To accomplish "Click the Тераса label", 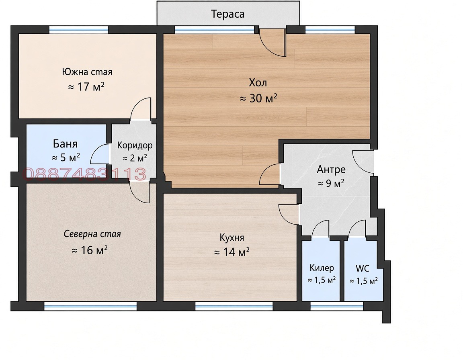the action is coord(227,14).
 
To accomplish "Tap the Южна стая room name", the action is coord(87,72).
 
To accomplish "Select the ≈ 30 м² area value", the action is coord(258,98).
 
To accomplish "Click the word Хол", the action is coord(258,83).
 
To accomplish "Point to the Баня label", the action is coord(65,144).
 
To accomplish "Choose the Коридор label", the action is coord(135,145).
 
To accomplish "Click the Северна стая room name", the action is coord(92,234).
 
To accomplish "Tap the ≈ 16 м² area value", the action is coord(90,250).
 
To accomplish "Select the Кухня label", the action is coord(232,237).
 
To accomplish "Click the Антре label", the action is coord(331,170).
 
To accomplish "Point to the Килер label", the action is coord(322,268).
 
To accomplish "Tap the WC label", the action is coord(362,268).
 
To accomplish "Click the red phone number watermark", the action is coord(84,174).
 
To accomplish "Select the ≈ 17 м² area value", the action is coord(86,87).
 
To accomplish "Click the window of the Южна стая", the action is coord(78,29).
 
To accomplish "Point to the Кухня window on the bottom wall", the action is coord(234,306).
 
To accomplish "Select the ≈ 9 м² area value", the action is coord(331,183).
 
